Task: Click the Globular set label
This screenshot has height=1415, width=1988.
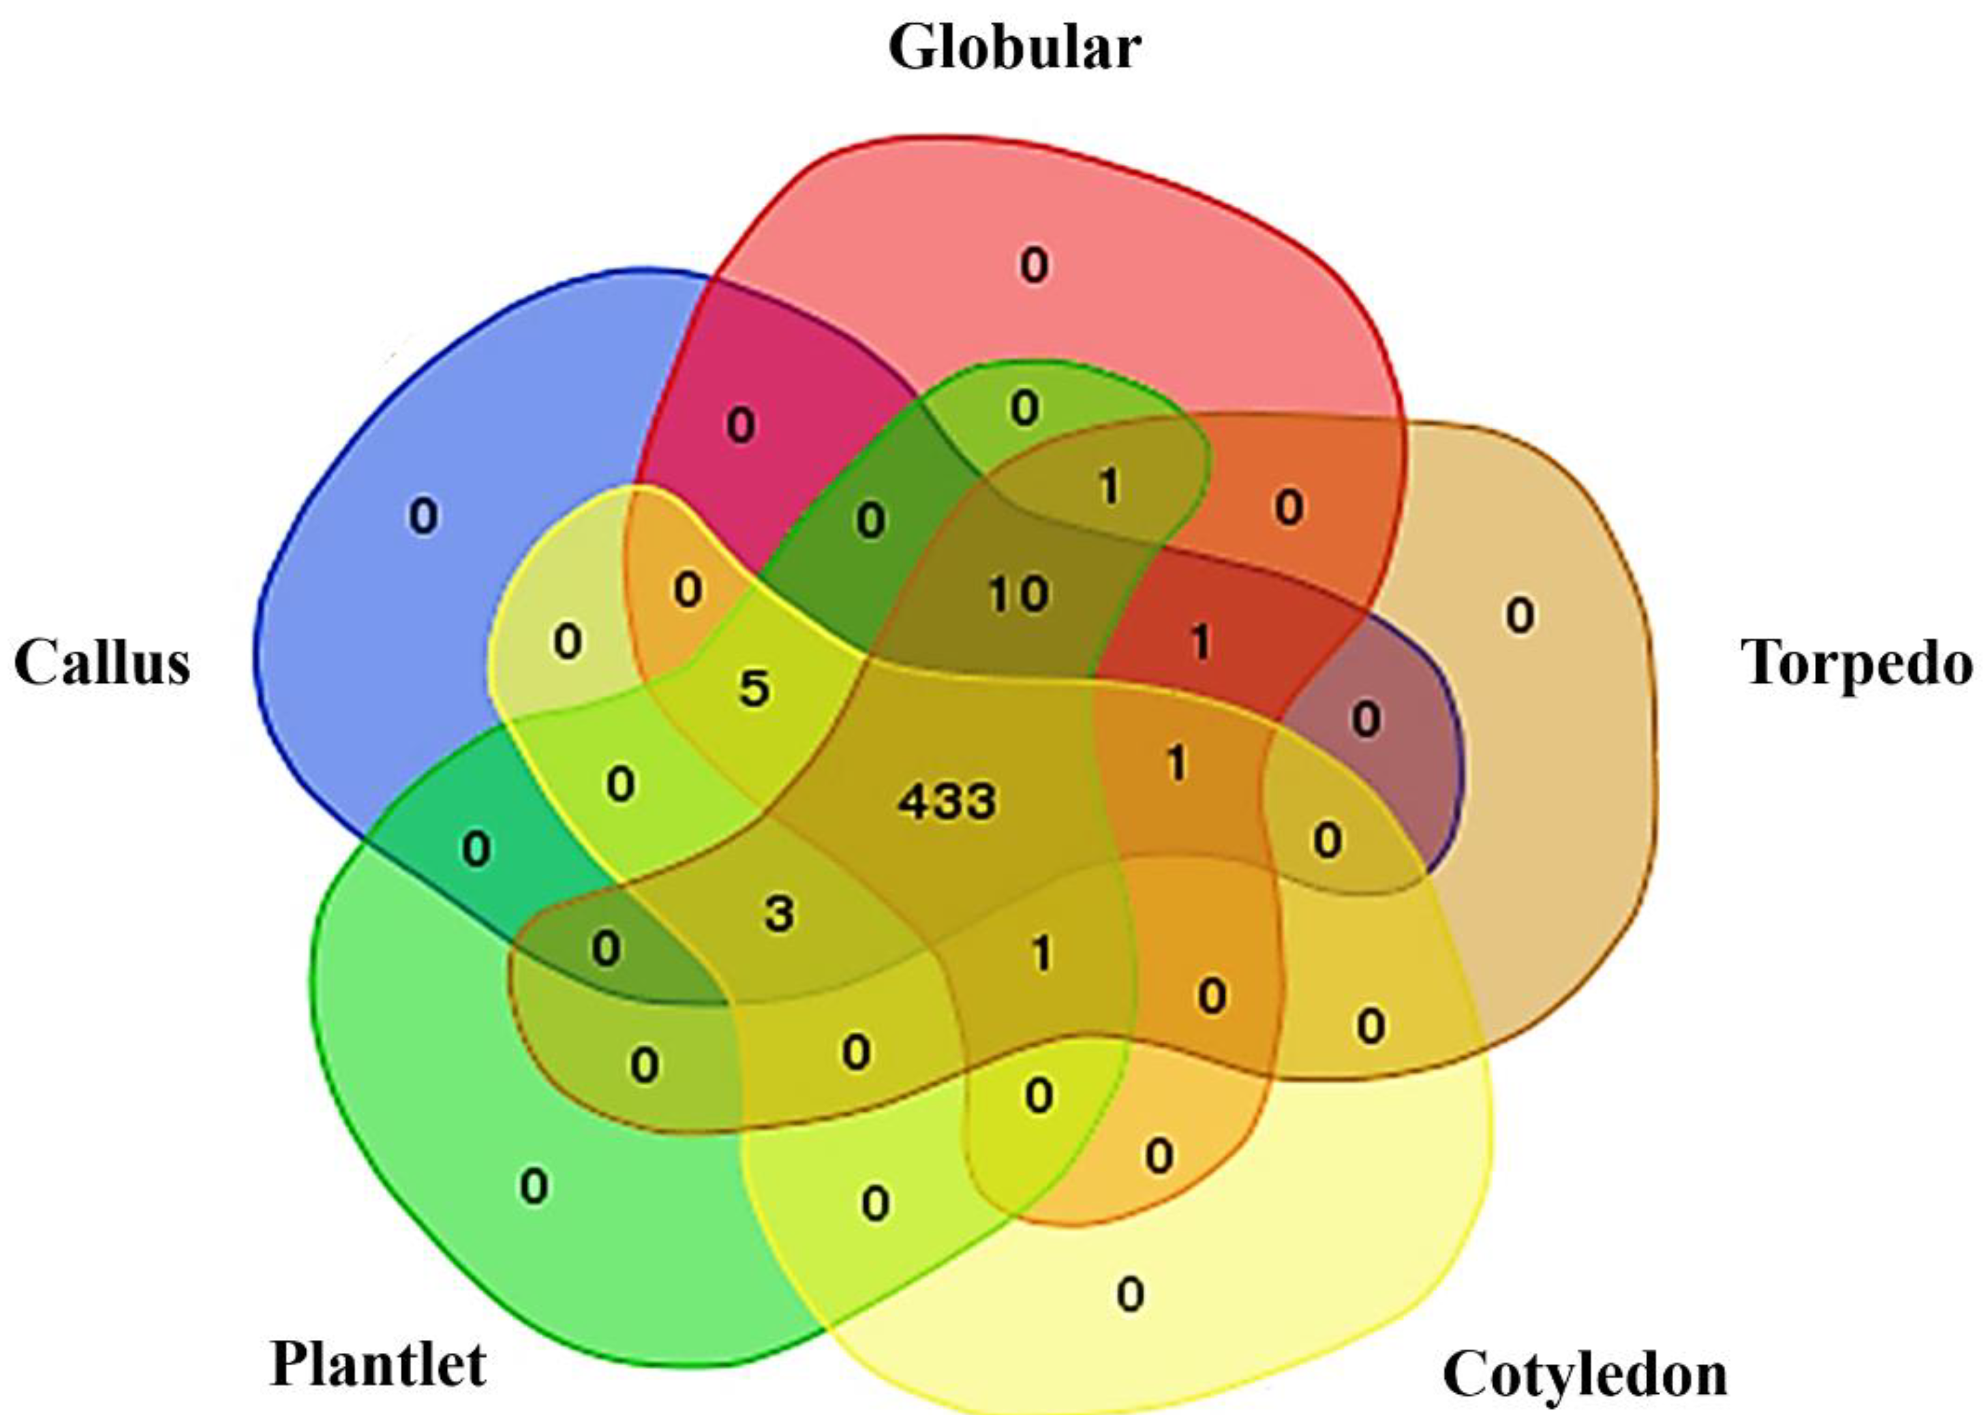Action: click(x=1014, y=48)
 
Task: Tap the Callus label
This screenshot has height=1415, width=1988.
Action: click(x=102, y=663)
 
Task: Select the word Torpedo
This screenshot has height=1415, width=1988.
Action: click(x=1857, y=664)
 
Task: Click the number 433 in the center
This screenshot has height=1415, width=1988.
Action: click(x=947, y=801)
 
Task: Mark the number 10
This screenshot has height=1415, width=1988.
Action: click(x=1018, y=594)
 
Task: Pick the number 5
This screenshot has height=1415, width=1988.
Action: click(x=754, y=688)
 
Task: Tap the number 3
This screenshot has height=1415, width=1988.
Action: click(x=779, y=913)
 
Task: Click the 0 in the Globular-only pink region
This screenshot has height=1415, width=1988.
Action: click(x=1034, y=265)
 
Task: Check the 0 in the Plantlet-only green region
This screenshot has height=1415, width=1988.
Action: click(x=534, y=1187)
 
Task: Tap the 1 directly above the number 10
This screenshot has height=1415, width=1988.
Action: click(x=1108, y=486)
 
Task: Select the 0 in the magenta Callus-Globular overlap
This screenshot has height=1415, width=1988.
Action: click(x=741, y=426)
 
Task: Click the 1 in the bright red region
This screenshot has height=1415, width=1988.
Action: click(x=1200, y=643)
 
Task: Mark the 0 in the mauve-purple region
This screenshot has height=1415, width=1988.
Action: click(x=1366, y=720)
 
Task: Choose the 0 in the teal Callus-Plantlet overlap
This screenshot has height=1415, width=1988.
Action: click(x=476, y=849)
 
